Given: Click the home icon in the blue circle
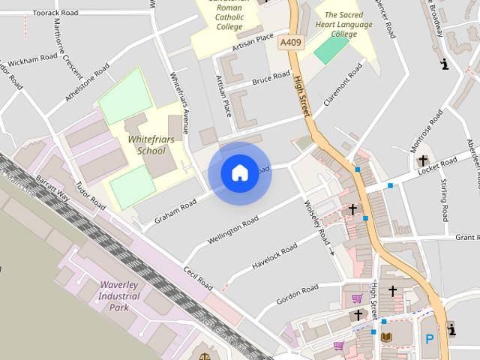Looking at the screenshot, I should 239,173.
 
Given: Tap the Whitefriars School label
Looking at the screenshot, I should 146,145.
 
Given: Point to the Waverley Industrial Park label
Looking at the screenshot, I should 118,296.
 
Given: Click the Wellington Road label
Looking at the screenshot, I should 232,229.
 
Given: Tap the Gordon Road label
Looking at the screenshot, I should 298,293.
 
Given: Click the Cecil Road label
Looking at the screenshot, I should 198,279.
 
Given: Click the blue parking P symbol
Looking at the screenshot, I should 430,339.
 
